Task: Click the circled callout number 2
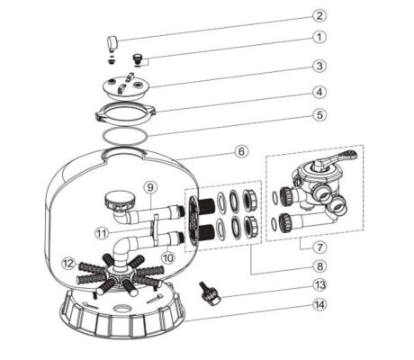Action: pos(319,15)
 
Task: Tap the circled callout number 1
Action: pos(319,38)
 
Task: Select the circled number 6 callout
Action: pos(241,151)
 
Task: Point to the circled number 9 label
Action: pos(150,187)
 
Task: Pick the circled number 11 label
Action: pos(102,232)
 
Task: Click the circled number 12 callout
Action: pos(68,264)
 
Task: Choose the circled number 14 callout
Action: pos(319,305)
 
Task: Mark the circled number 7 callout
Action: pos(319,247)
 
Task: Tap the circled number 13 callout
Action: pos(319,284)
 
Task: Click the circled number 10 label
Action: pos(168,257)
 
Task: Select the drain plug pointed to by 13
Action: pos(209,294)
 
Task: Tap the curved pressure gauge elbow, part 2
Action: pos(112,42)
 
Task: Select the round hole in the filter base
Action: pos(122,309)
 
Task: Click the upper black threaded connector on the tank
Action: pos(207,205)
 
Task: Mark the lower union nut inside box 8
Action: pos(250,227)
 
